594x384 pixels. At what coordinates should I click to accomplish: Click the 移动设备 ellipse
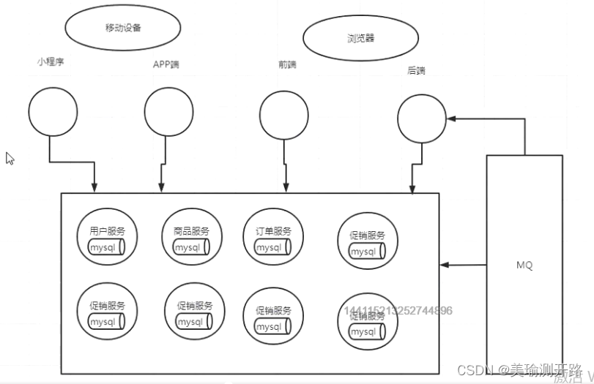coord(123,28)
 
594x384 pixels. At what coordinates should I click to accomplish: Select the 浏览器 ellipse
coord(360,38)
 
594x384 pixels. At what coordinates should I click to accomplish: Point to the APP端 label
coord(166,64)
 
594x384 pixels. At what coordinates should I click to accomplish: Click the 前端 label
coord(287,64)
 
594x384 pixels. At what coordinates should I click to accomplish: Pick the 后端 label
coord(416,71)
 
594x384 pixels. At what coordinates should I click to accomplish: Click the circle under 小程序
coord(53,112)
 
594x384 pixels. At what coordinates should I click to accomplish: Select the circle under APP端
coord(168,112)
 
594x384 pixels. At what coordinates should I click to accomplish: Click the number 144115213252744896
coord(398,311)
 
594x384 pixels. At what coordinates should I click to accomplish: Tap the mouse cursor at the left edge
coord(10,158)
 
